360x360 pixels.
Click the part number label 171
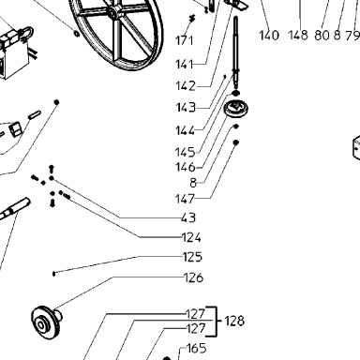pos(185,40)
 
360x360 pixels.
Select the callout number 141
pos(185,65)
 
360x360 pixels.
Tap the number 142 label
pos(186,86)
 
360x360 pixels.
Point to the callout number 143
pos(186,108)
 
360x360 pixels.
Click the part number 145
pos(186,152)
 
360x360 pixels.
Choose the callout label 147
pos(186,199)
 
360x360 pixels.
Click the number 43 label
pos(188,217)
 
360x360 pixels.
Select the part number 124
pos(191,238)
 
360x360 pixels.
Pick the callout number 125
pos(192,257)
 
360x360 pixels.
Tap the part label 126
pos(194,277)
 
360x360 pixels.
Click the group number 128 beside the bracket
pos(234,321)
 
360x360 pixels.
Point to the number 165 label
pos(197,348)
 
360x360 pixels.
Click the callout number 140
pos(269,36)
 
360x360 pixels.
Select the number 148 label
pos(298,36)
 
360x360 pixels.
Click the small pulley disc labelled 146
pos(236,110)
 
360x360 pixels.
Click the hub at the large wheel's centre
pos(114,11)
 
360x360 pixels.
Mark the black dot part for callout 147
pos(236,142)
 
